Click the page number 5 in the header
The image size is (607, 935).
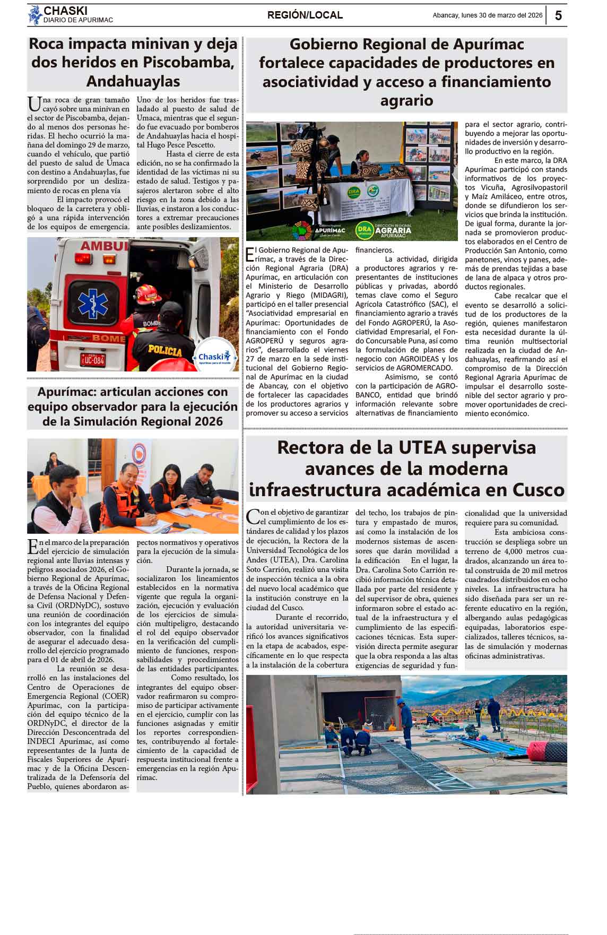(558, 15)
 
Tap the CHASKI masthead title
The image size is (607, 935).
(65, 11)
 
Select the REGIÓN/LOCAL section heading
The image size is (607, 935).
(305, 15)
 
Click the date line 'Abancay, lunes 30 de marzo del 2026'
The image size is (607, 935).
(487, 15)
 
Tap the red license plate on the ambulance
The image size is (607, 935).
(92, 360)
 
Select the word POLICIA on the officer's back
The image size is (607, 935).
(164, 351)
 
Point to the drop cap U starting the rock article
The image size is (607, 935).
(34, 103)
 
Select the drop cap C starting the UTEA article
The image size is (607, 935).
(253, 516)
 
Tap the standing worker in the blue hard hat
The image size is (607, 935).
(407, 721)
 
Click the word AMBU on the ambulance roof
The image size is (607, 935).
(103, 246)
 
